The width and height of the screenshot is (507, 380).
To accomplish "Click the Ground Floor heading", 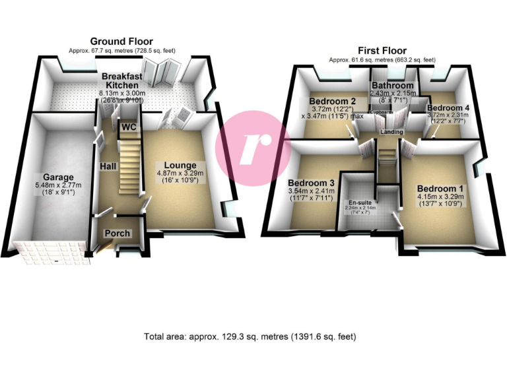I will tap(121, 41).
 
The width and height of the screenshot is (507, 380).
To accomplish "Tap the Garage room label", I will tap(59, 177).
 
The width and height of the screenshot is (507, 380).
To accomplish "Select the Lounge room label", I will tap(180, 165).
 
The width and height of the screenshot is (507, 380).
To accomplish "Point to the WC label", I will tap(128, 125).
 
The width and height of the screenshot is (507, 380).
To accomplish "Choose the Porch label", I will tap(118, 234).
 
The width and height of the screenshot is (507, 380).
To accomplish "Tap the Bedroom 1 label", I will tap(439, 189).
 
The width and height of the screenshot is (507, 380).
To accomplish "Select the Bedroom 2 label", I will tap(333, 101).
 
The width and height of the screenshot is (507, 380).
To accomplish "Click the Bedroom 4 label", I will tap(448, 108).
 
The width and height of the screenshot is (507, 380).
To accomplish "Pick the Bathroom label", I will tap(392, 86).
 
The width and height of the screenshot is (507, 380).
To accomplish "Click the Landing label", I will tap(392, 132).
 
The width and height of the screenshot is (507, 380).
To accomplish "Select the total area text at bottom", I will tap(250, 336).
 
